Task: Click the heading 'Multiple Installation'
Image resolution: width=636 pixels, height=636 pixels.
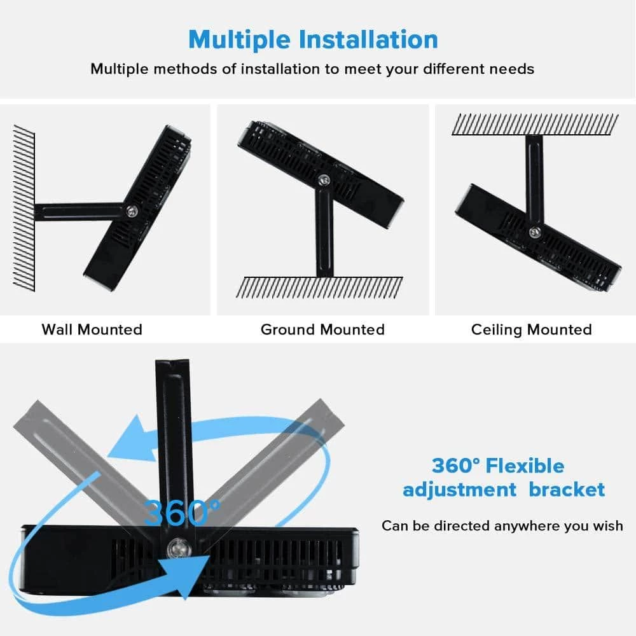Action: (313, 39)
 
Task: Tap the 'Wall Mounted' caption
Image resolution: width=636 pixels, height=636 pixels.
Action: (92, 329)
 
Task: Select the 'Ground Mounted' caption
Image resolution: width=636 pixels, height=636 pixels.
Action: (322, 329)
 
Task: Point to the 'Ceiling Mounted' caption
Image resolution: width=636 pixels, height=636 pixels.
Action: (531, 329)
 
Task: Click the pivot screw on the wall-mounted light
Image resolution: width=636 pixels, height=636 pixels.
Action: (132, 211)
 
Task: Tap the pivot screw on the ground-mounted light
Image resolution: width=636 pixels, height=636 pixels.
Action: (324, 181)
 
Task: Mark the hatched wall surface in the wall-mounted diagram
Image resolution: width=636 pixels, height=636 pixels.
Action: (24, 207)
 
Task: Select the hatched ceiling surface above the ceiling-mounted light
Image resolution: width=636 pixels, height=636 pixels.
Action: (534, 124)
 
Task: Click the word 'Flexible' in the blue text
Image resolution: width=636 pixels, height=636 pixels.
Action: (525, 466)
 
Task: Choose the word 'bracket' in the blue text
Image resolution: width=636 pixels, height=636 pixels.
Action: (567, 490)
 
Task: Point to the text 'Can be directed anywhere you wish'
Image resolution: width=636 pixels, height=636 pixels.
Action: (502, 526)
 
